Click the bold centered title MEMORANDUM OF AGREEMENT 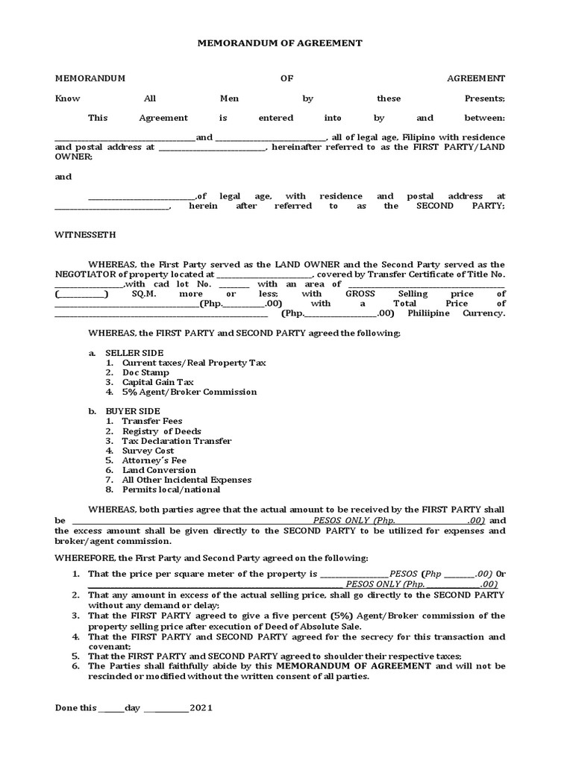click(x=279, y=43)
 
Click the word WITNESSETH click(x=85, y=234)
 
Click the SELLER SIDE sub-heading click(x=134, y=352)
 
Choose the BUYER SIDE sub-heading click(x=133, y=411)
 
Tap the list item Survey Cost click(x=148, y=451)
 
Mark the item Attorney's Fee click(x=154, y=460)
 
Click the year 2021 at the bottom click(x=201, y=708)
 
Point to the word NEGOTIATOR click(x=84, y=274)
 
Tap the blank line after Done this click(x=111, y=709)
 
